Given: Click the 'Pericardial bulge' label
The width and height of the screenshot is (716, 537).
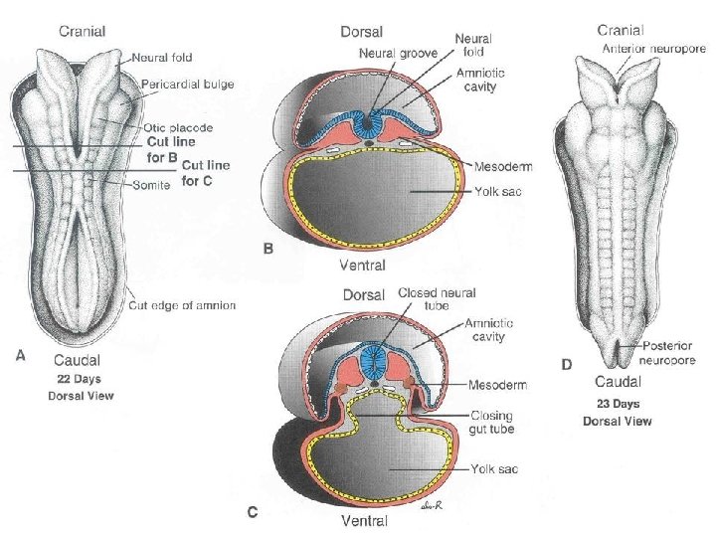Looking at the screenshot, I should point(188,85).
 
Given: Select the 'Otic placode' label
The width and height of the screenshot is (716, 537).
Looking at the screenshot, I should point(179,128).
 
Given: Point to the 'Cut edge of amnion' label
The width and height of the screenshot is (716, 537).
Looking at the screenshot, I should point(182,305).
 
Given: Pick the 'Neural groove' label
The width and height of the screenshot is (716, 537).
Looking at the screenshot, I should point(398,53).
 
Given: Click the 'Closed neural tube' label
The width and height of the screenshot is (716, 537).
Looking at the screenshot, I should point(437,299).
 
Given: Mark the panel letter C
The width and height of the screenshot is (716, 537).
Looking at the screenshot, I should point(253,513).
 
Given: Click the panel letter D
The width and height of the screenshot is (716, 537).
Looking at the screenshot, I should point(566,365).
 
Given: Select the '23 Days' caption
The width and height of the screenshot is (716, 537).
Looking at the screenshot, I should point(618,404).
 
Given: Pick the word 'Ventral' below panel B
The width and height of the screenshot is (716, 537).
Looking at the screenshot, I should point(363,266).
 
